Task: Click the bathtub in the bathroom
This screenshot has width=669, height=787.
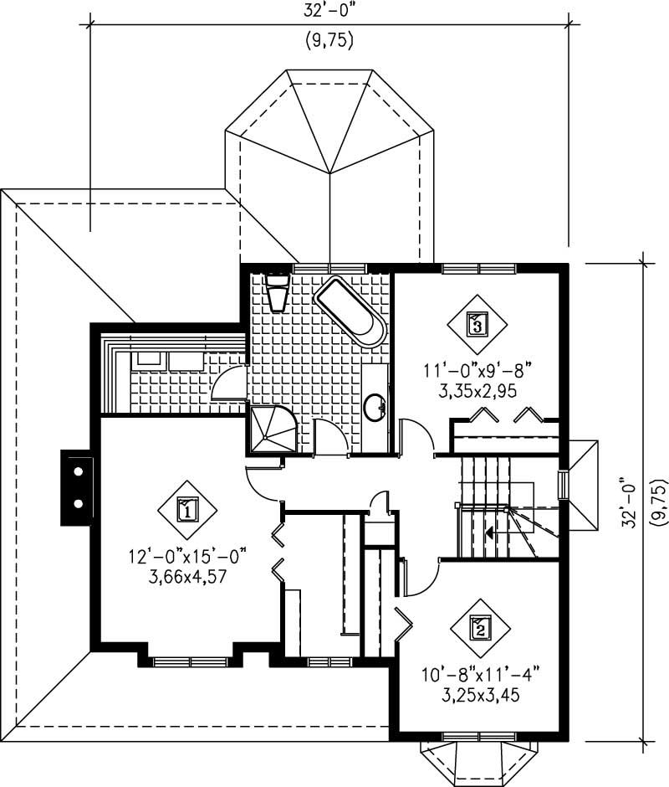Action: pyautogui.click(x=351, y=311)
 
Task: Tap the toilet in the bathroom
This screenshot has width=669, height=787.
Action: pyautogui.click(x=275, y=293)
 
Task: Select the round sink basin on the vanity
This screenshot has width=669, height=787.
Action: pyautogui.click(x=374, y=408)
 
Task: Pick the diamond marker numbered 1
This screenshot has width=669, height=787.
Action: pyautogui.click(x=187, y=509)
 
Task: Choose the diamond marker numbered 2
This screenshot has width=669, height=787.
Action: pyautogui.click(x=480, y=627)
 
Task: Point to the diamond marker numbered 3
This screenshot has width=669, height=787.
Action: pyautogui.click(x=476, y=323)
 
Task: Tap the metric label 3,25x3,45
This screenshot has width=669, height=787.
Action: pyautogui.click(x=478, y=694)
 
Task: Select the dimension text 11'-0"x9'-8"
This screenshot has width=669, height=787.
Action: pyautogui.click(x=477, y=369)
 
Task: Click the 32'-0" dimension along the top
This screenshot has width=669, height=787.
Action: pyautogui.click(x=329, y=12)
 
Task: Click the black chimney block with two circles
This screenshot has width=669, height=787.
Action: pyautogui.click(x=78, y=488)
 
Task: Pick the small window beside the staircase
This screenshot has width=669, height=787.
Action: pyautogui.click(x=564, y=486)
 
